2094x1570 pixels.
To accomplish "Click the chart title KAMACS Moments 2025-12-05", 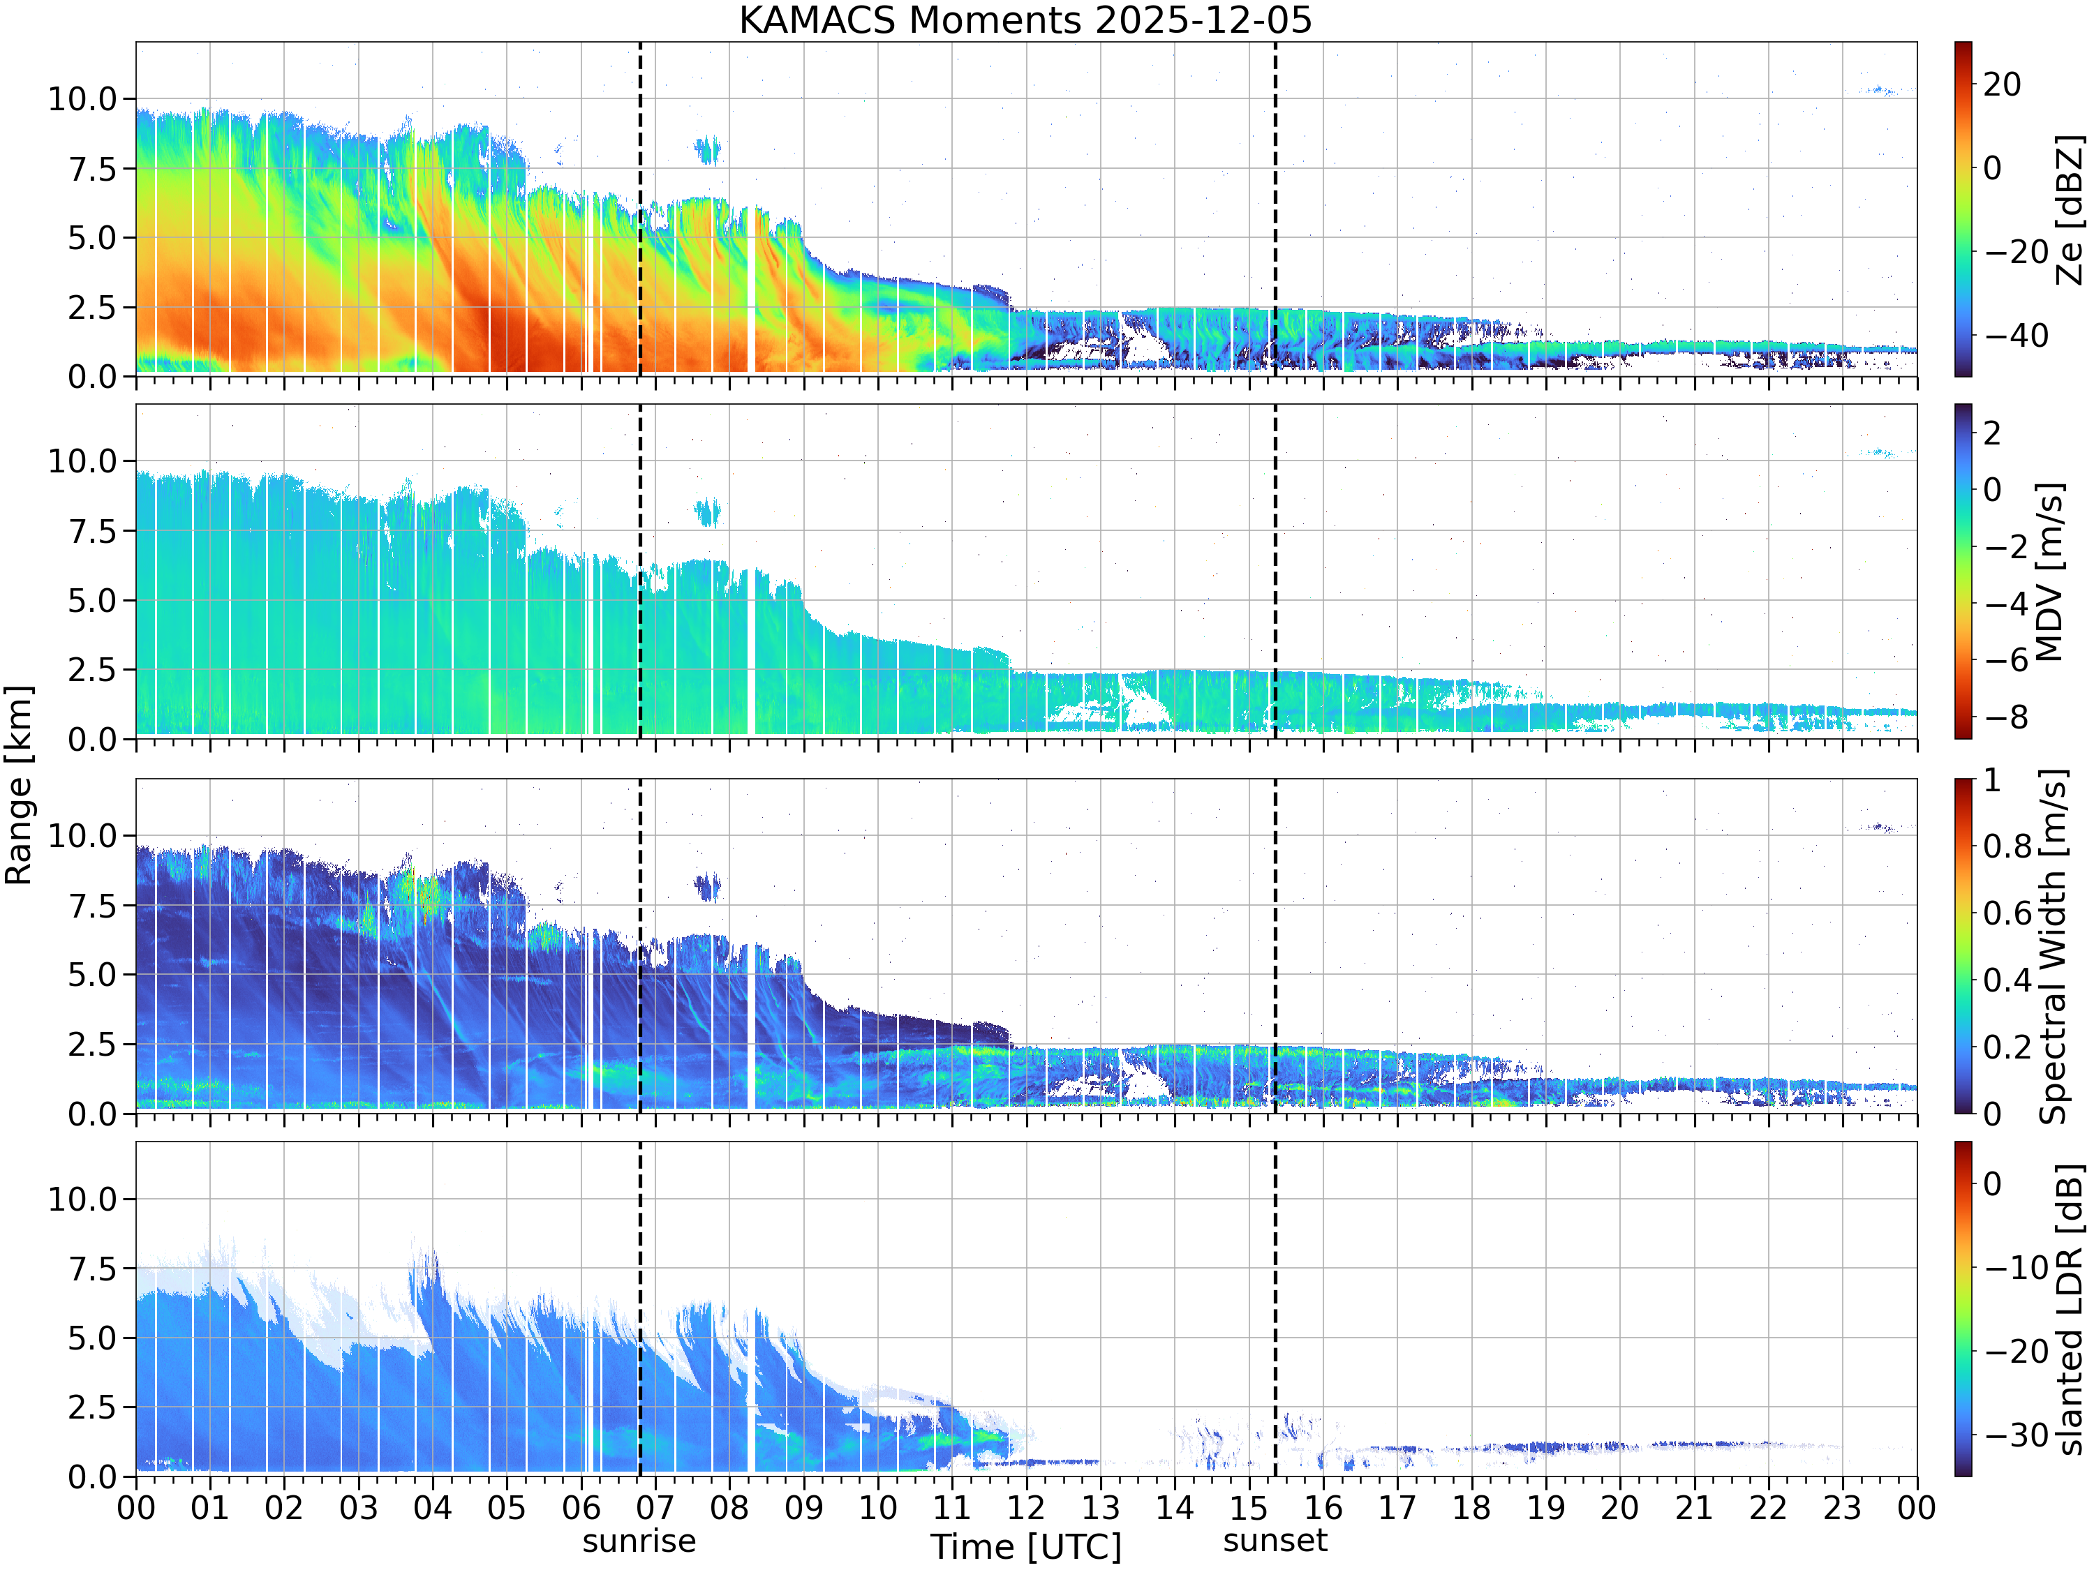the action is click(x=1025, y=20).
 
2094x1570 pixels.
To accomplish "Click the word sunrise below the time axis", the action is click(x=639, y=1541).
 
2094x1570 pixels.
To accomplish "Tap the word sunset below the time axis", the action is click(x=1275, y=1541).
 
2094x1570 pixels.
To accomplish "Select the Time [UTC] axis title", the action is click(x=1025, y=1547).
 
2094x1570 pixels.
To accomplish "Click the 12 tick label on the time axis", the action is click(x=1026, y=1507).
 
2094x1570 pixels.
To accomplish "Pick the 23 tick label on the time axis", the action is click(x=1842, y=1507).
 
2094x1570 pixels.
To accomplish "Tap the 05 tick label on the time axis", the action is click(x=507, y=1507).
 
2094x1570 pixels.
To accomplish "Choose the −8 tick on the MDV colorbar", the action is click(x=2006, y=717).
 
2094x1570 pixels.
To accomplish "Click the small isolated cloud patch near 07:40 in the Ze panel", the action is click(x=707, y=149).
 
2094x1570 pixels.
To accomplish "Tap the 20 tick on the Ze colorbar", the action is click(x=2002, y=84).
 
